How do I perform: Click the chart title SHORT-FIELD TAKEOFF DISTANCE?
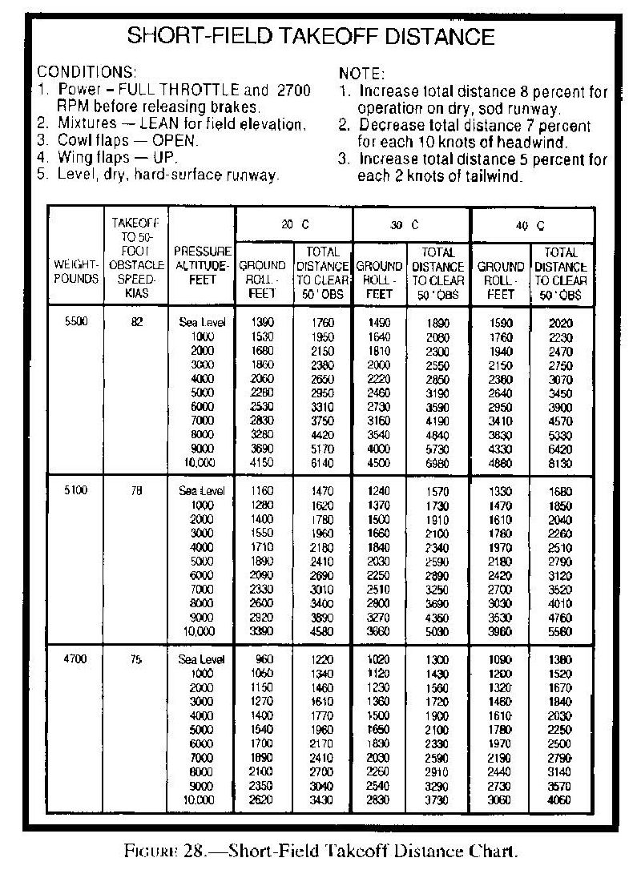(x=312, y=35)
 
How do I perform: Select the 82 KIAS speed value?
(x=136, y=321)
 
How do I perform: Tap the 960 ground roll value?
(x=264, y=658)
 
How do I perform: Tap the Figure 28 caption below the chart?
(x=320, y=851)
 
